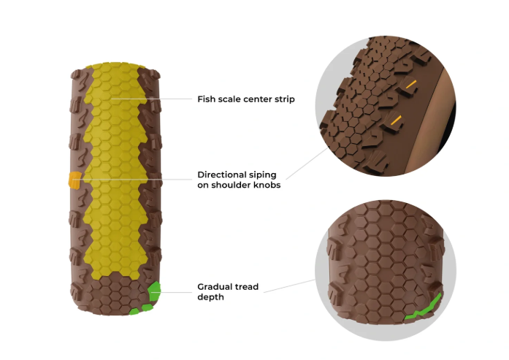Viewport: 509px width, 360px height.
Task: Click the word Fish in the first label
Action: [x=206, y=99]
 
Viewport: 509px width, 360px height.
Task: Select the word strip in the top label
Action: [x=285, y=99]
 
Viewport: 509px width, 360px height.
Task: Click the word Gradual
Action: [x=215, y=287]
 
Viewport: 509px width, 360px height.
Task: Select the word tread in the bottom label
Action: [x=246, y=287]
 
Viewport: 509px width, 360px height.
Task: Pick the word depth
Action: [x=210, y=297]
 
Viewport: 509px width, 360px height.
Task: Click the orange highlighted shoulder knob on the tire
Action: [x=74, y=180]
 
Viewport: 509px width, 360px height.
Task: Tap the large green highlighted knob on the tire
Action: [x=154, y=291]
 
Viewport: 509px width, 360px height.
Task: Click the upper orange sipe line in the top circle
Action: [x=411, y=85]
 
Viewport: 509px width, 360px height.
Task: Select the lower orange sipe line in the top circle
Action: [x=396, y=120]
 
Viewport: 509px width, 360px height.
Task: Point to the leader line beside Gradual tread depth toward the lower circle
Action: [x=289, y=286]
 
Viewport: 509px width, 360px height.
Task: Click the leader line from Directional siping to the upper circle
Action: [x=307, y=164]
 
